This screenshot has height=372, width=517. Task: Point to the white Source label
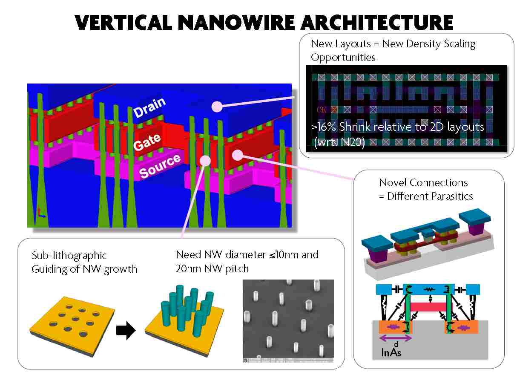160,167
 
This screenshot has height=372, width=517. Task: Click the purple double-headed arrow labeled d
395,338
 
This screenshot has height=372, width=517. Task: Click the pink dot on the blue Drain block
217,107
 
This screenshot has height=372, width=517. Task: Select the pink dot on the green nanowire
206,160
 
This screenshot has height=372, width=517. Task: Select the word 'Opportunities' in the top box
343,57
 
